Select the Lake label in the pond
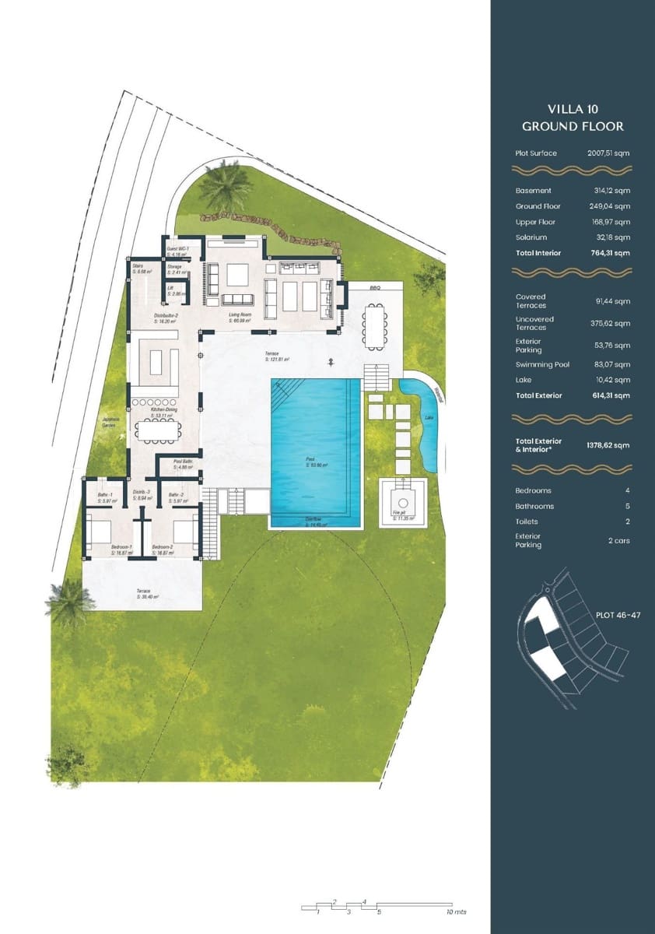coord(429,419)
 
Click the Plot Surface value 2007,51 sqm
coord(608,153)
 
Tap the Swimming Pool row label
coord(542,364)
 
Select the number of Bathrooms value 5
coord(627,506)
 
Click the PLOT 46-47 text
coord(618,615)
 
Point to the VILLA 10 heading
coord(573,110)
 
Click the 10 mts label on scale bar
coord(456,911)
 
